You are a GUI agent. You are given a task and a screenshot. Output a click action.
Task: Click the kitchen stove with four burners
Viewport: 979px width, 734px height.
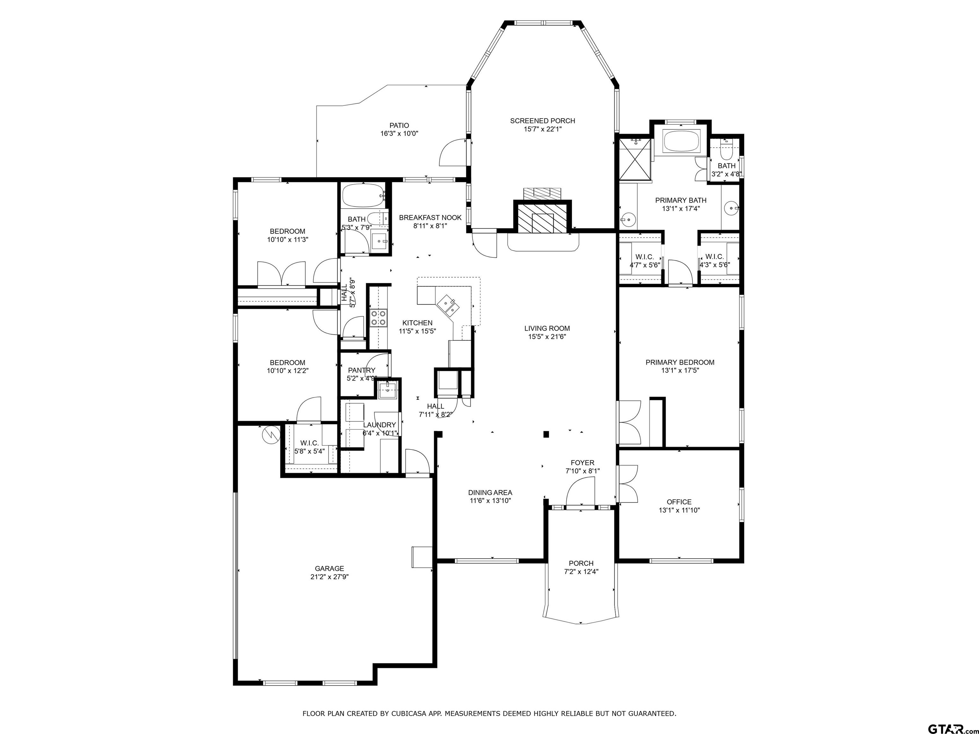tap(378, 317)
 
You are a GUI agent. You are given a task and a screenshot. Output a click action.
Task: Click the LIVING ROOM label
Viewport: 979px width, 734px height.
tap(547, 328)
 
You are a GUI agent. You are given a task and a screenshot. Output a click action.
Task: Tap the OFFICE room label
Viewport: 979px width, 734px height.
tap(679, 502)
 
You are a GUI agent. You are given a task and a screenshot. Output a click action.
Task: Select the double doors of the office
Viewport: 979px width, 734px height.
tap(627, 484)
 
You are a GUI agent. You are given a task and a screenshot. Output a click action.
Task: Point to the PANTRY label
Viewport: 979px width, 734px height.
tap(362, 370)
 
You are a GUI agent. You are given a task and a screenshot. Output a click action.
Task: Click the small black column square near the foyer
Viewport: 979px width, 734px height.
tap(546, 435)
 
